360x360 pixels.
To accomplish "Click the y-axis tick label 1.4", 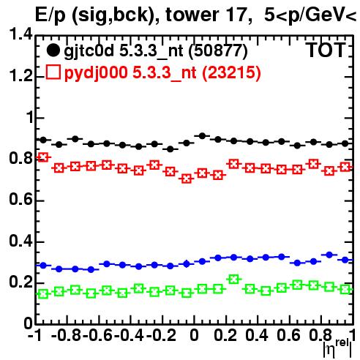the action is click(x=20, y=34).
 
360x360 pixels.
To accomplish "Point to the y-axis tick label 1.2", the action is click(x=20, y=75).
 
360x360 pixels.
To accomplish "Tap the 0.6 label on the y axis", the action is click(x=20, y=199).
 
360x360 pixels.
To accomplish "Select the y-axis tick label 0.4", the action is click(x=20, y=241).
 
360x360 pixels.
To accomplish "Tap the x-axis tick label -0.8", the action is click(x=66, y=335).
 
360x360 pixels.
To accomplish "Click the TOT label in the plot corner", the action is click(x=326, y=50).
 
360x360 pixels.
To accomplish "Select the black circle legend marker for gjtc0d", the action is click(x=53, y=50).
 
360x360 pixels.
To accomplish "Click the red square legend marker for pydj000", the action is click(x=53, y=72).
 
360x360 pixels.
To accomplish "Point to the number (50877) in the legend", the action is click(x=218, y=51).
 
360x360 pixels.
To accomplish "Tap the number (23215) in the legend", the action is click(x=231, y=73).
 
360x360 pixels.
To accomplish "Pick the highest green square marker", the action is click(x=234, y=279).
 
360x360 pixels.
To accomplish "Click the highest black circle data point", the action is click(x=202, y=136).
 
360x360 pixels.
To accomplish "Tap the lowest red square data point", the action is click(x=187, y=179).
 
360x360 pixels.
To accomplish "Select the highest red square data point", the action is click(x=43, y=157).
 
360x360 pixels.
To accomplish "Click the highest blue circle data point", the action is click(x=329, y=255).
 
